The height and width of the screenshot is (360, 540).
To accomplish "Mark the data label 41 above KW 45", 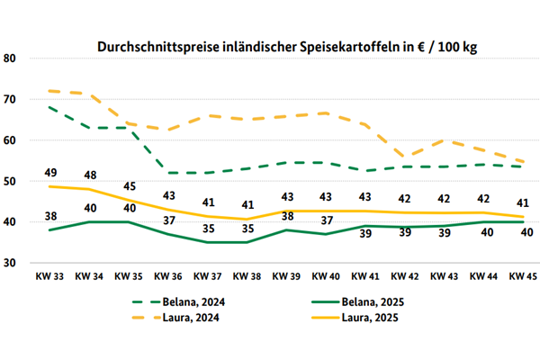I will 523,202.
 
